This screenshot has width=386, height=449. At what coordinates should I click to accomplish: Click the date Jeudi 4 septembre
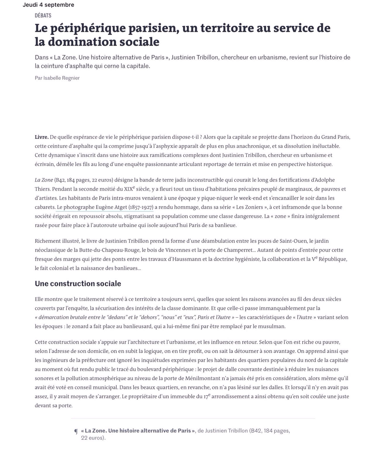click(x=49, y=5)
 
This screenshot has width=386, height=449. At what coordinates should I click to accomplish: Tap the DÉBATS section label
click(x=43, y=15)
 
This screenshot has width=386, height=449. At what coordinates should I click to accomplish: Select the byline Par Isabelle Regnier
click(x=57, y=78)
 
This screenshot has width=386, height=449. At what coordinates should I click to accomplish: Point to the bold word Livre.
click(x=42, y=137)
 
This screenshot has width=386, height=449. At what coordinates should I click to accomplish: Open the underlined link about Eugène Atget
click(x=105, y=207)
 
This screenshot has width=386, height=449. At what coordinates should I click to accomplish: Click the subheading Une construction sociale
click(x=78, y=284)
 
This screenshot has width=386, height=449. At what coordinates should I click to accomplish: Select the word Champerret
click(x=239, y=250)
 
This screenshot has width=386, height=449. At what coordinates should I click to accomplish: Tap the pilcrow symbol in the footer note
click(x=76, y=431)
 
